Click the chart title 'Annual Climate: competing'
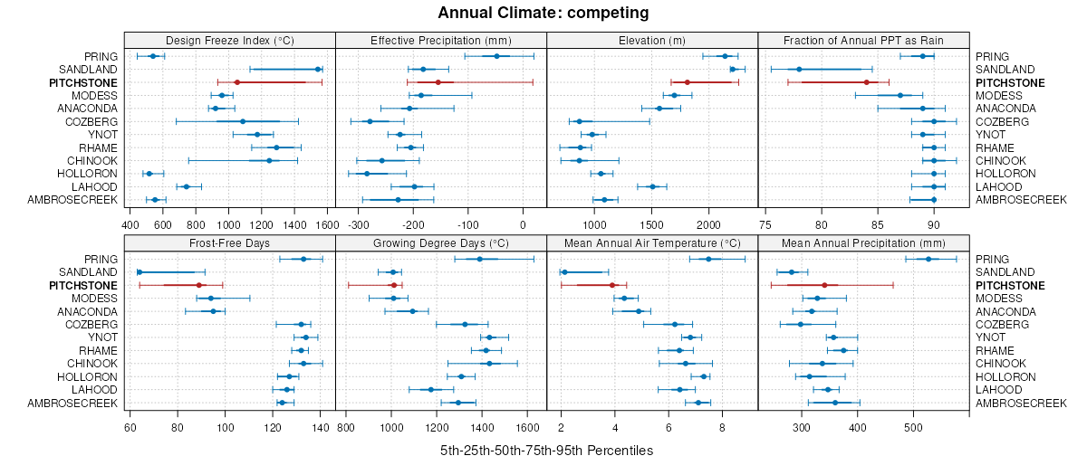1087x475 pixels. click(x=543, y=13)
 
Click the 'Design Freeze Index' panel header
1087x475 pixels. click(x=229, y=40)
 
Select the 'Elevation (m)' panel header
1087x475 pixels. click(x=652, y=40)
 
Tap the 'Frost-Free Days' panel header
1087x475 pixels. click(x=229, y=242)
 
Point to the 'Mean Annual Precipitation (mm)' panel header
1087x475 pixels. click(x=863, y=242)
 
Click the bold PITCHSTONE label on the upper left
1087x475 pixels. click(x=83, y=82)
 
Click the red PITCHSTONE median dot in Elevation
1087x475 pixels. click(x=687, y=82)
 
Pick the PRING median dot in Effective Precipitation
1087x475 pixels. click(x=496, y=56)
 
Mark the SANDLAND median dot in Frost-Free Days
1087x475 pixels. click(x=139, y=272)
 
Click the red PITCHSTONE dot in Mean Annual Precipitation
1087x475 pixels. click(x=824, y=285)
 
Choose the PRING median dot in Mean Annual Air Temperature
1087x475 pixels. click(x=708, y=259)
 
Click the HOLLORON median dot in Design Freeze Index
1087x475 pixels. click(x=149, y=174)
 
